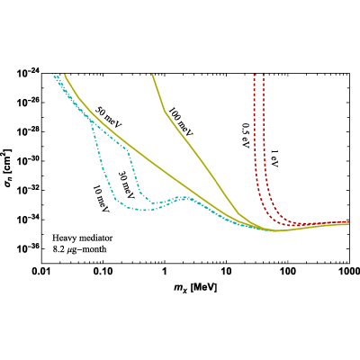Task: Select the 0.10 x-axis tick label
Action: pyautogui.click(x=103, y=272)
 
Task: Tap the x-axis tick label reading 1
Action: pyautogui.click(x=165, y=272)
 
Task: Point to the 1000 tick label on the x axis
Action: pyautogui.click(x=349, y=272)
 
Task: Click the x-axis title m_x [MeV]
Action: pyautogui.click(x=195, y=288)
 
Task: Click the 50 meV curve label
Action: pyautogui.click(x=108, y=117)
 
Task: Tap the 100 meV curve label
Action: pyautogui.click(x=180, y=121)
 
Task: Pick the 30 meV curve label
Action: pyautogui.click(x=126, y=185)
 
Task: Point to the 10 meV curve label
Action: pyautogui.click(x=101, y=198)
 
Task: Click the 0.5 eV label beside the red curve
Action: pyautogui.click(x=246, y=135)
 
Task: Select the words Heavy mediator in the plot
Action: pyautogui.click(x=83, y=238)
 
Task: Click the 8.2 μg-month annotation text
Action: pyautogui.click(x=79, y=249)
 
